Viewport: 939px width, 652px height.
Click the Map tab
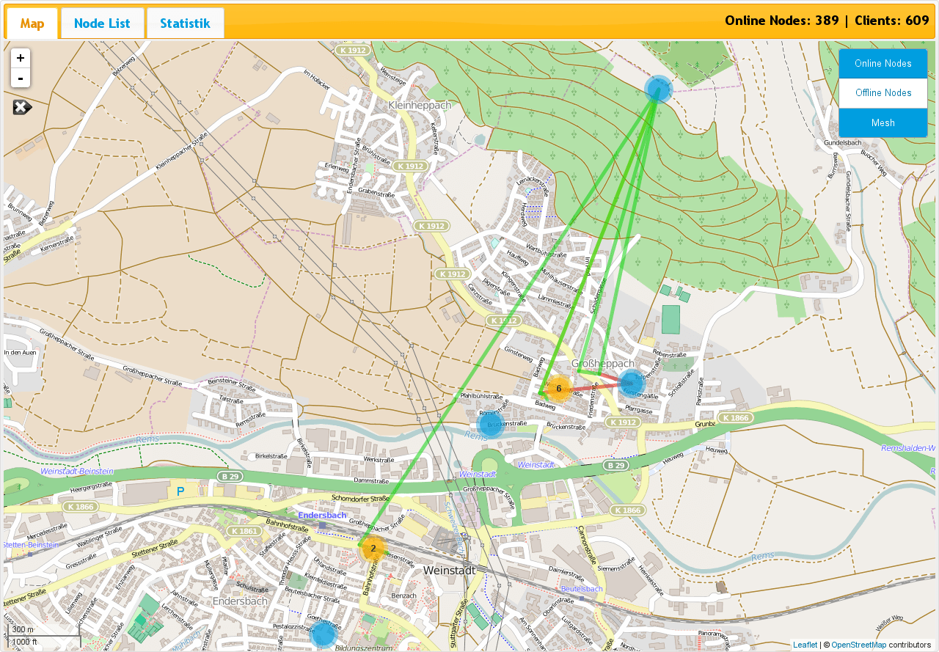(x=32, y=23)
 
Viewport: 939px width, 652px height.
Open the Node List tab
(x=102, y=23)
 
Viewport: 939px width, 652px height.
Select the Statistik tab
(x=185, y=23)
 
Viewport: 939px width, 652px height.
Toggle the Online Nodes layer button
(x=883, y=64)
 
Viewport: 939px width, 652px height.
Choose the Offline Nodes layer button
(x=883, y=93)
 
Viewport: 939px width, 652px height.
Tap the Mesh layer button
(x=883, y=122)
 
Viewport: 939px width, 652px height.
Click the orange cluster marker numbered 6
(x=559, y=388)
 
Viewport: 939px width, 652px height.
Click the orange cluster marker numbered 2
(x=373, y=548)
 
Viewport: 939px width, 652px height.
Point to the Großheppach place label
(x=602, y=364)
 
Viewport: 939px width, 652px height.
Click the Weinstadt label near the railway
(x=450, y=570)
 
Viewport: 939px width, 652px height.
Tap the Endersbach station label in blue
(x=322, y=515)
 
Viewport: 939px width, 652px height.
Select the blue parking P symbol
(x=180, y=491)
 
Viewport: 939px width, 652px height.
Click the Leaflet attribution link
(x=805, y=645)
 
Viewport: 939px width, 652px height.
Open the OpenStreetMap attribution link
(x=858, y=645)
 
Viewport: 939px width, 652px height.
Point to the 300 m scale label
(x=23, y=629)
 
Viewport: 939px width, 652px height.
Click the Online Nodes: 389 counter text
(x=781, y=21)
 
